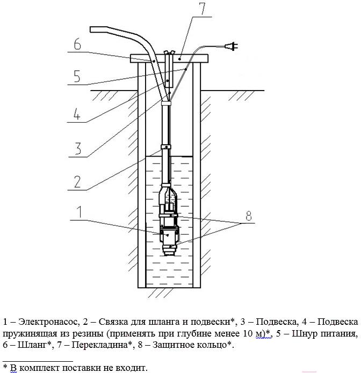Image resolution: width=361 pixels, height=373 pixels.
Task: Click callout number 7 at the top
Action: pos(202,9)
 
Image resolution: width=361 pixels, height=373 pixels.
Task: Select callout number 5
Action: pos(77,76)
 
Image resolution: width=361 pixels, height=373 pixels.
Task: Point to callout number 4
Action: pos(76,114)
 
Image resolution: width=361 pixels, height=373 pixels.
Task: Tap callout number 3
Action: pos(78,148)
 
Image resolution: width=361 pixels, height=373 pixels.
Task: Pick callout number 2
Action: pos(77,182)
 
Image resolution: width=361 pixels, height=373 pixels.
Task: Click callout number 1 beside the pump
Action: pos(80,212)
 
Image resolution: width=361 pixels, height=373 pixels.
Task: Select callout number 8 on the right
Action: pos(248,216)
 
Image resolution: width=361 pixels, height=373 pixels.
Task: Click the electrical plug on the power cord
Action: pos(232,47)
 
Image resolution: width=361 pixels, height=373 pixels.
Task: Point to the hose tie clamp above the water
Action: pos(166,147)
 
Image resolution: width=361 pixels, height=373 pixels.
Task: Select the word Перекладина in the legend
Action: pos(100,345)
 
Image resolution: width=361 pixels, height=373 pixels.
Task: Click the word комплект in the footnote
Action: pos(40,368)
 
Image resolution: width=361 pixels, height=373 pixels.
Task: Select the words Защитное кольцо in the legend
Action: pos(189,345)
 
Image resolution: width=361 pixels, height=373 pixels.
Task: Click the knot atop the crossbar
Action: pos(169,53)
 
